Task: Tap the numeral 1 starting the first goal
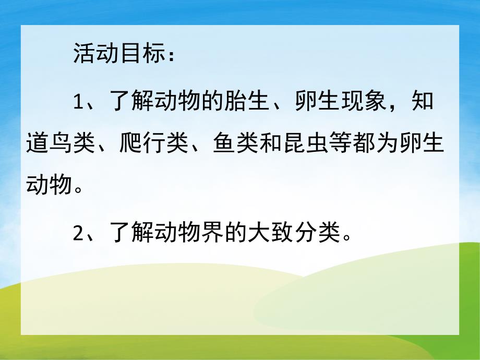79,102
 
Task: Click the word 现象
373,102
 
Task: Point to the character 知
422,102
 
